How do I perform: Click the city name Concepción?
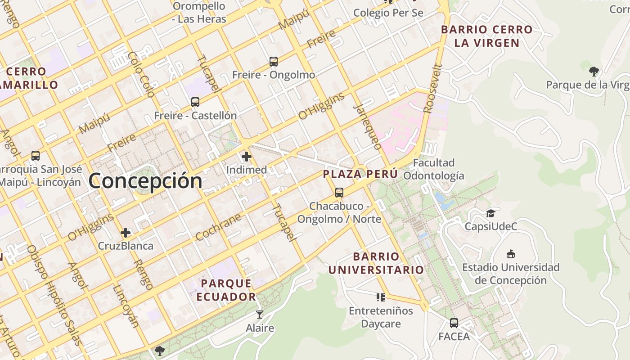coord(145,181)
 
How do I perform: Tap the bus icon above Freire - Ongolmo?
coord(273,62)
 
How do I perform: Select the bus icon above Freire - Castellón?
coord(195,102)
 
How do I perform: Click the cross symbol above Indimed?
coord(246,157)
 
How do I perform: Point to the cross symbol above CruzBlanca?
coord(126,233)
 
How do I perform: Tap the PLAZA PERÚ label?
coord(360,174)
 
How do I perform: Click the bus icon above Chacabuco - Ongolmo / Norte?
coord(339,193)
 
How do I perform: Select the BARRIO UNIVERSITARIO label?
coord(376,263)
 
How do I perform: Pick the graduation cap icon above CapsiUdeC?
coord(490,213)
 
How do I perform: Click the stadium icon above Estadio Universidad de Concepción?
coord(511,254)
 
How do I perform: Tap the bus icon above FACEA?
coord(454,323)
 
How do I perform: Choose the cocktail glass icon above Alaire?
coord(260,314)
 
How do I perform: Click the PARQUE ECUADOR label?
coord(226,290)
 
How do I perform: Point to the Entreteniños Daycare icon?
coord(381,297)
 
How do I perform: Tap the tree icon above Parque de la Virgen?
coord(594,71)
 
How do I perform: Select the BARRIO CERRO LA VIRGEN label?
coord(486,36)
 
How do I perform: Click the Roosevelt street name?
coord(433,89)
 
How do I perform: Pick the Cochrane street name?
coord(219,227)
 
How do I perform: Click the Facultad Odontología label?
coord(433,169)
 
